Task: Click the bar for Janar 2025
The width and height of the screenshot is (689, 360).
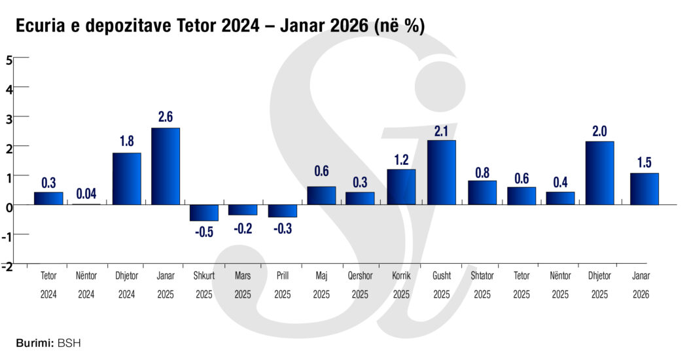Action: point(165,166)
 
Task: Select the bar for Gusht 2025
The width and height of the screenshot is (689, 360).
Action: point(441,172)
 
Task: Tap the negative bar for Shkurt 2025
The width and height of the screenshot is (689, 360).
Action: point(204,213)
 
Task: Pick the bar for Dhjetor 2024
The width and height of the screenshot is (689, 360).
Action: point(127,179)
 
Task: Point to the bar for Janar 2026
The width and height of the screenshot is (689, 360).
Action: point(644,189)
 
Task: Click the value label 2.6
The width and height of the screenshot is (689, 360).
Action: point(166,117)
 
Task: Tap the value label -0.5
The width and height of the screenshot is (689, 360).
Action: point(204,232)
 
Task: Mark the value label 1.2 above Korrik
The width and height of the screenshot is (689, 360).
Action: point(401,159)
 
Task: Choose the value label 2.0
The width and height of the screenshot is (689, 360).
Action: point(599,131)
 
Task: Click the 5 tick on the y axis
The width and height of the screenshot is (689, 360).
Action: point(9,59)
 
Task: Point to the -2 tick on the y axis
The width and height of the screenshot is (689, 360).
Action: point(7,266)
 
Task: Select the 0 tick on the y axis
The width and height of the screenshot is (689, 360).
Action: point(9,206)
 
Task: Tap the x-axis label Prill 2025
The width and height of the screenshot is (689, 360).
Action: point(283,285)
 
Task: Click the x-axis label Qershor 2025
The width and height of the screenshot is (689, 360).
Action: point(360,285)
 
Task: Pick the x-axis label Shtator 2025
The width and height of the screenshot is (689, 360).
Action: point(482,285)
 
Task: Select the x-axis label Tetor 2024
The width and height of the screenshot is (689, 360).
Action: point(48,285)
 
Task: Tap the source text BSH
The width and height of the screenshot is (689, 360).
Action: point(69,342)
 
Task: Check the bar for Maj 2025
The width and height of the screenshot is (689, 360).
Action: point(321,196)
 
